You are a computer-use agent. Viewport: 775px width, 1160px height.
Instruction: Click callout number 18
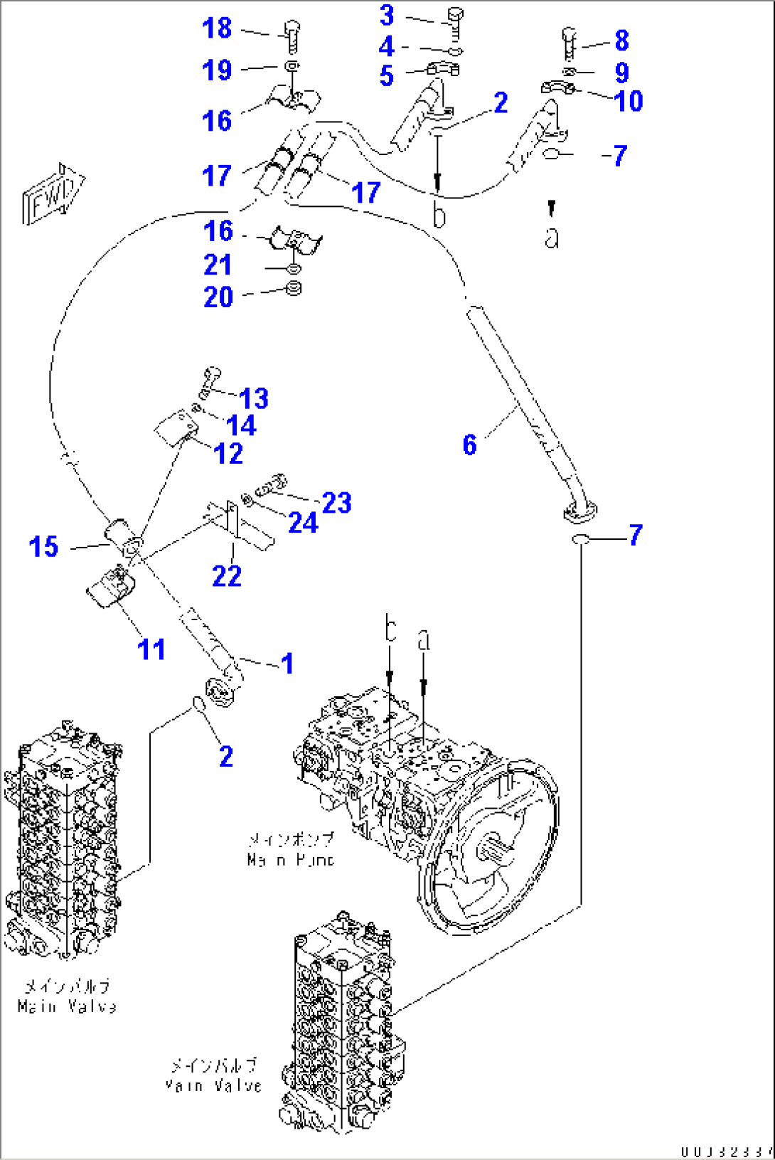tap(217, 28)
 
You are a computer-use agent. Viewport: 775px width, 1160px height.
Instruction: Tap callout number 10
tap(629, 101)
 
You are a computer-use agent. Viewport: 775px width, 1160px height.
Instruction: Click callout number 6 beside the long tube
tap(469, 445)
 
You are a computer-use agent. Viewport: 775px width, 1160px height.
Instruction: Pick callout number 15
tap(43, 546)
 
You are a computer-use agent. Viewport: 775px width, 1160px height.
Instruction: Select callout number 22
tap(227, 575)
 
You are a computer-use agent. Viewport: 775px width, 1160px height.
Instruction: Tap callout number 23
tap(337, 502)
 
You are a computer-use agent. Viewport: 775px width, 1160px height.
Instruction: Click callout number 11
tap(151, 649)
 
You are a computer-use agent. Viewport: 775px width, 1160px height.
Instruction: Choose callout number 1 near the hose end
tap(287, 663)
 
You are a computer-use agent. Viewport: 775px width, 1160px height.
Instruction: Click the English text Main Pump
tap(291, 859)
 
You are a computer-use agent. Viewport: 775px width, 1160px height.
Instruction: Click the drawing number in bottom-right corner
tap(725, 1151)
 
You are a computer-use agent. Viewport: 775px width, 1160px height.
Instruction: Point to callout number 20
tap(218, 297)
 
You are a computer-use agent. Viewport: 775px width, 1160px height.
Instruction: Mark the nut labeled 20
tap(293, 289)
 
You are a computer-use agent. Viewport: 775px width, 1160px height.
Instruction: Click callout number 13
tap(254, 398)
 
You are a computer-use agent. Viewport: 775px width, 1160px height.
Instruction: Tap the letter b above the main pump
tap(390, 629)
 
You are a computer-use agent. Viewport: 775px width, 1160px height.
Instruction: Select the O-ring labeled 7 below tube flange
tap(580, 540)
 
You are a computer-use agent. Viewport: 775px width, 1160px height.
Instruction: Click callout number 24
tap(303, 523)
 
